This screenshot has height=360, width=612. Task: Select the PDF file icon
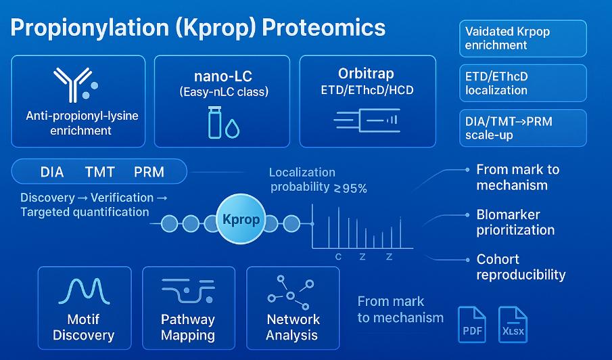coord(471,324)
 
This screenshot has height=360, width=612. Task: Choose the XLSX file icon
coord(513,324)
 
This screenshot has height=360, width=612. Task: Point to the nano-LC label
coord(223,75)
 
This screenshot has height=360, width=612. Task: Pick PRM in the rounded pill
coord(149,172)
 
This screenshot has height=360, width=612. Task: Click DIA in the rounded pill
coord(52,172)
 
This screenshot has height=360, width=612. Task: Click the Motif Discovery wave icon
coord(85,292)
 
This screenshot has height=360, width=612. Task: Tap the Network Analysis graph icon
coord(291,290)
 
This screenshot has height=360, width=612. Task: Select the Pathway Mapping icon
coord(188,292)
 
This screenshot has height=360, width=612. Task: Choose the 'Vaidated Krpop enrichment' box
coord(523,39)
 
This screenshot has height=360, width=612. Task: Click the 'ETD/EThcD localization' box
coord(523,83)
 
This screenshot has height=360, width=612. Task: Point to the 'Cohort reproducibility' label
coord(521,267)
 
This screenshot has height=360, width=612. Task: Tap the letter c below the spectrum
coord(338,256)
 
